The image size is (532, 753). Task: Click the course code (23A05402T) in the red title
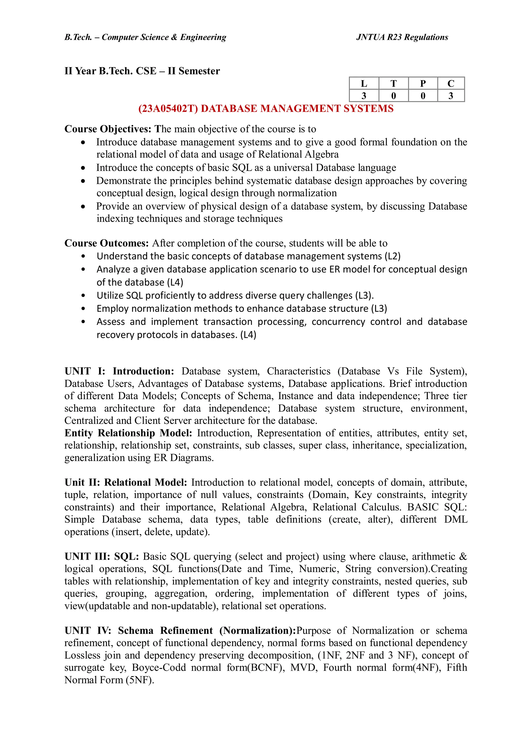(168, 109)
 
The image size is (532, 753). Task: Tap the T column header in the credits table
(393, 84)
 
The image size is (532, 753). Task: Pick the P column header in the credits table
(423, 84)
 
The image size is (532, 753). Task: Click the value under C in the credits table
(451, 96)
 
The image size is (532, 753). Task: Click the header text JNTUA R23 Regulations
(402, 37)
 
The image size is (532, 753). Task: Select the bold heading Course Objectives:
(108, 129)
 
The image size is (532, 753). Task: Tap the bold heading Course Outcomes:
(107, 243)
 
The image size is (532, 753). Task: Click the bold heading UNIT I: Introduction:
(119, 371)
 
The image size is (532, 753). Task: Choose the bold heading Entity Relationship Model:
(128, 433)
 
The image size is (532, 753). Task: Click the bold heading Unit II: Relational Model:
(125, 482)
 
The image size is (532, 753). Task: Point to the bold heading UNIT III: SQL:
(102, 556)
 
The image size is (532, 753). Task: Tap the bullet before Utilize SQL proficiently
(83, 296)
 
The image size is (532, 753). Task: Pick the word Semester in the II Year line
(199, 71)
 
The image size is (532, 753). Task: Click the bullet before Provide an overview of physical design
(83, 206)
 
